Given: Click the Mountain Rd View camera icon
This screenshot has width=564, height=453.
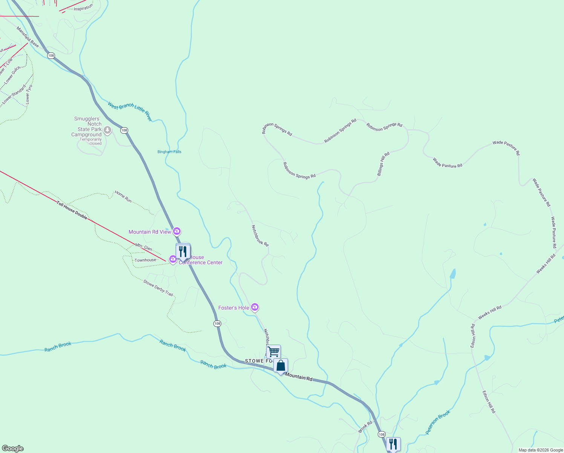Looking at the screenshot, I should (177, 231).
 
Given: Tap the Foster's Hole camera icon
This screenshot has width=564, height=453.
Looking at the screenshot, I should (255, 307).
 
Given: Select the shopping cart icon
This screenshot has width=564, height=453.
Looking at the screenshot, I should (273, 351).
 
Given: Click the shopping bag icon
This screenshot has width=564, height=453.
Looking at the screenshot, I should (281, 365).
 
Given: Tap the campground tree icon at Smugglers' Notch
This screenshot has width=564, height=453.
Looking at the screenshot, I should (107, 130).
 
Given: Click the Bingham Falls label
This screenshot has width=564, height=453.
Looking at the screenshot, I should (169, 152).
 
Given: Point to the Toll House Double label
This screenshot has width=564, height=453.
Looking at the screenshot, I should (72, 210).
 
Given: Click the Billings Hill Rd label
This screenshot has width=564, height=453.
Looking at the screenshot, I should (383, 164).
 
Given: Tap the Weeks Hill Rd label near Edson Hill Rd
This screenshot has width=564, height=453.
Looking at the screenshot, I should (490, 312).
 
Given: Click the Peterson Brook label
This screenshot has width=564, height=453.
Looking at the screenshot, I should (438, 422).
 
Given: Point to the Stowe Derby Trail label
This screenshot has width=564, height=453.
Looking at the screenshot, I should (158, 288).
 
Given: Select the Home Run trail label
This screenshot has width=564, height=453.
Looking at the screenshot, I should (123, 196).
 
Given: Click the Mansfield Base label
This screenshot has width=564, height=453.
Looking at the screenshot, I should (28, 37).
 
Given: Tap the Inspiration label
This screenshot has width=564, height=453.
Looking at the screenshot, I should (83, 8).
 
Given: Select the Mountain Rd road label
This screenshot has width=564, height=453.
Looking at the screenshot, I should (299, 376).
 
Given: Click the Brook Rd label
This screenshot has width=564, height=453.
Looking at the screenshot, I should (365, 427).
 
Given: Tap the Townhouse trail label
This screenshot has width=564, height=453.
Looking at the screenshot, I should (145, 260).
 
